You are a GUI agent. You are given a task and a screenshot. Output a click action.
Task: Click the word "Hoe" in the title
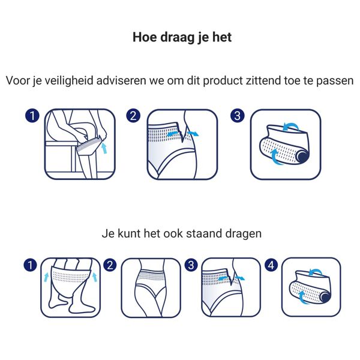144,37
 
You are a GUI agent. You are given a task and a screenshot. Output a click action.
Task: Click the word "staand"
206,233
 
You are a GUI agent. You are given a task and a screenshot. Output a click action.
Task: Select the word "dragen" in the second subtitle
242,233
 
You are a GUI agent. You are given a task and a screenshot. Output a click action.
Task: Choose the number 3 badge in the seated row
238,115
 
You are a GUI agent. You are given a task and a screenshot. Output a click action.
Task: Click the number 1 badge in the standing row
28,264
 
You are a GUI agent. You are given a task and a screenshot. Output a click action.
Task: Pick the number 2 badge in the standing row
110,264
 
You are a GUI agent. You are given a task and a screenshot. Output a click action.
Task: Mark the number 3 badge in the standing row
191,264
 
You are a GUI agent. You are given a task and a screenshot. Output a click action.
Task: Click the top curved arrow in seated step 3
290,125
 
